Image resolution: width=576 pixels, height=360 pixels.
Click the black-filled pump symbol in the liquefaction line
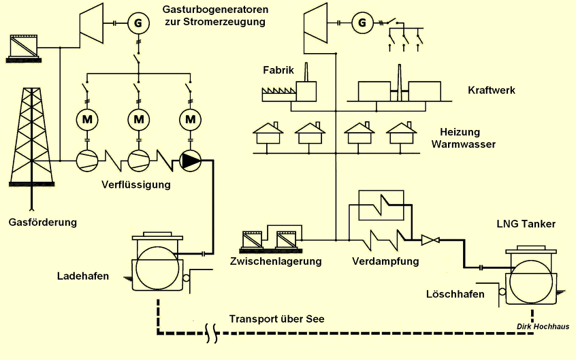point(190,161)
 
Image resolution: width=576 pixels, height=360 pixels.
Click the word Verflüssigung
point(136,184)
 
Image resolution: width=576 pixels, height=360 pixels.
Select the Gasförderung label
point(42,222)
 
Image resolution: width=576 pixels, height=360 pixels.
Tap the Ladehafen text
point(83,276)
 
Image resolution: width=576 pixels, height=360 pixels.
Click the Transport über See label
point(276,318)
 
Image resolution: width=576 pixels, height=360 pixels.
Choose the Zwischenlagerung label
point(275,261)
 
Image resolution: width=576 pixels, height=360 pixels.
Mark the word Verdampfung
point(385,261)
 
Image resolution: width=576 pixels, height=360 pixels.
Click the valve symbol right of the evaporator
point(430,239)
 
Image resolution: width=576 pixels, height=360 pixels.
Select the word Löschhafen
point(455,294)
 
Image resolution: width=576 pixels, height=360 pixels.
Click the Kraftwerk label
point(492,90)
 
